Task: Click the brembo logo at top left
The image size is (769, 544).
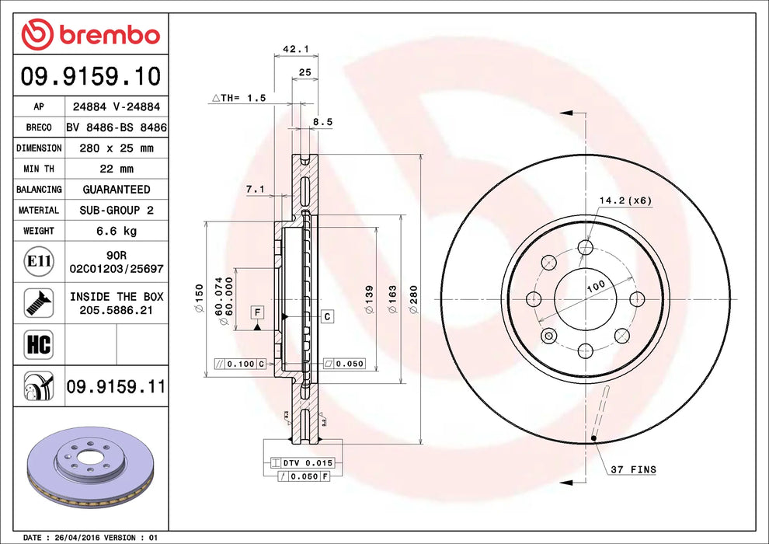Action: click(x=91, y=35)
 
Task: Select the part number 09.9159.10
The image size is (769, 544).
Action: click(x=91, y=77)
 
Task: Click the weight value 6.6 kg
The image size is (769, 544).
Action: click(x=117, y=231)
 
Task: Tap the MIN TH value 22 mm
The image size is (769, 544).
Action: click(x=117, y=169)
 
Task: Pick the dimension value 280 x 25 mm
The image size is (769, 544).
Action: click(x=117, y=148)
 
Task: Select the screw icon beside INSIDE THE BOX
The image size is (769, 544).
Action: click(x=37, y=302)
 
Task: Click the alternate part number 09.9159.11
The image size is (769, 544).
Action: click(x=116, y=385)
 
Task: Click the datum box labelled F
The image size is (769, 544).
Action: click(x=256, y=312)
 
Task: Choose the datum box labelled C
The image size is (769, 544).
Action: click(x=328, y=316)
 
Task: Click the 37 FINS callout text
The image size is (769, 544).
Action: click(x=632, y=469)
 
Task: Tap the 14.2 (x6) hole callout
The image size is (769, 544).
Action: click(x=624, y=201)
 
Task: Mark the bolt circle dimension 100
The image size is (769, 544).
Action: click(x=595, y=286)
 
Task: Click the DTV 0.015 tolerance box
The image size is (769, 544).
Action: click(x=300, y=463)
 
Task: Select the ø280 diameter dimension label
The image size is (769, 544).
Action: click(x=413, y=299)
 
